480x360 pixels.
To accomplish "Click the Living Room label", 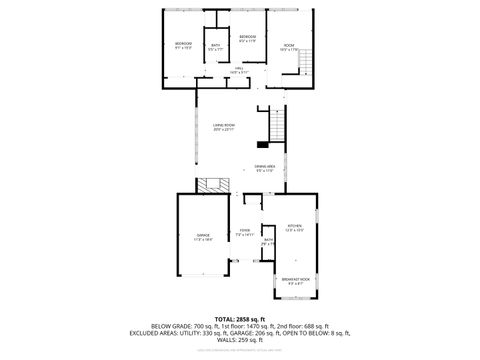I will click(x=223, y=126).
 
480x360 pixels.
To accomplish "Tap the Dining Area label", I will click(x=264, y=168).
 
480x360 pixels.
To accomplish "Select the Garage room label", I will click(x=203, y=237).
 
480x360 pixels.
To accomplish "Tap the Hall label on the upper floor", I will click(x=239, y=70).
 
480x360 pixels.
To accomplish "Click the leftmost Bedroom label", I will click(x=183, y=46).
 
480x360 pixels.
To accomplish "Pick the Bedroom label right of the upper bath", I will click(x=248, y=39).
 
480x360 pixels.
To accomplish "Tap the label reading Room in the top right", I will click(x=289, y=47).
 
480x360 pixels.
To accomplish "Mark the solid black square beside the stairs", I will click(x=264, y=144).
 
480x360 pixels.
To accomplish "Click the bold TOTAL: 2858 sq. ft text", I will click(x=240, y=318).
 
